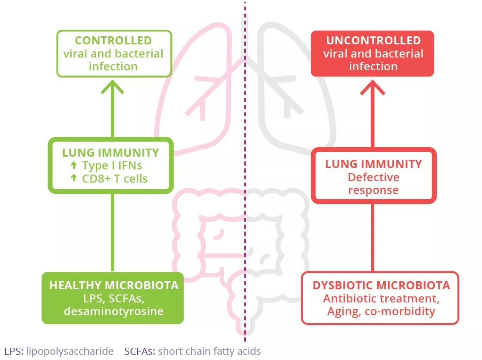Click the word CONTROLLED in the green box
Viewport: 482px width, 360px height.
point(113,41)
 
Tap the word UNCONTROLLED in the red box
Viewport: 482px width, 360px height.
point(373,41)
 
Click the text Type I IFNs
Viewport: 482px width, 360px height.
point(112,166)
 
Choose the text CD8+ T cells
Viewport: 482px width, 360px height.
point(115,178)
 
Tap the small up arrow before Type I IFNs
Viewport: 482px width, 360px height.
point(74,166)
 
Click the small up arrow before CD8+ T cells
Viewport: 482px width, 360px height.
point(74,178)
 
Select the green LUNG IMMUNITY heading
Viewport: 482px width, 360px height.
point(111,153)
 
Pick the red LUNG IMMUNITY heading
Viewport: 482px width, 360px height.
point(374,165)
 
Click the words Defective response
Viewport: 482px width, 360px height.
point(374,184)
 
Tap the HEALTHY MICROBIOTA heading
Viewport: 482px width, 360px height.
point(114,285)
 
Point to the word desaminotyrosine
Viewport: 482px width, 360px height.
point(113,311)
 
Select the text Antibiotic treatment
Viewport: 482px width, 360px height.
point(380,299)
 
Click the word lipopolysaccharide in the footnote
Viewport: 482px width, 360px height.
point(70,352)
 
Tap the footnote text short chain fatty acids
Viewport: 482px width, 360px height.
point(209,352)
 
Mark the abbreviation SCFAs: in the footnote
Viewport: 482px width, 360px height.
point(140,352)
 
